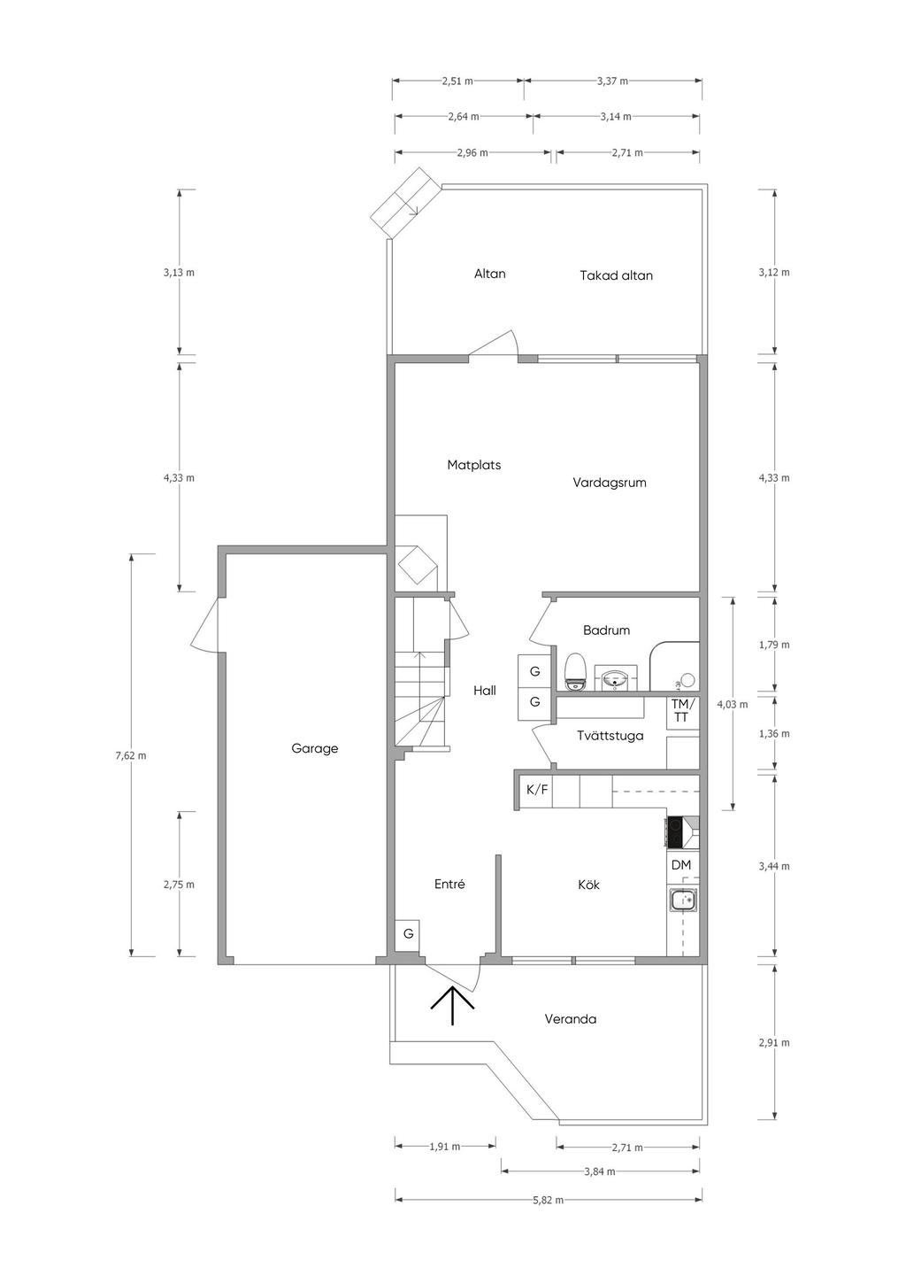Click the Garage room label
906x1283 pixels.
(x=315, y=748)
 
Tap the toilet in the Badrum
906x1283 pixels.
(x=576, y=670)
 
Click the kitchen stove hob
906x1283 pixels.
(x=675, y=831)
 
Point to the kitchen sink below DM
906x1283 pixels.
(x=683, y=901)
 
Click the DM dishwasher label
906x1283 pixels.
(x=681, y=865)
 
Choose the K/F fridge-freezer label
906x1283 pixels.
(x=537, y=790)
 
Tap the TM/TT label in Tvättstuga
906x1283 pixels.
(x=680, y=710)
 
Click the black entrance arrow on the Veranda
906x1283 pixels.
(x=452, y=1005)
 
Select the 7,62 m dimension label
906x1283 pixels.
(x=131, y=755)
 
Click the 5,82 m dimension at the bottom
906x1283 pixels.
(x=548, y=1200)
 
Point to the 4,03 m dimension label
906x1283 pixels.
(x=732, y=705)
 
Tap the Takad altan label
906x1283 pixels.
(x=616, y=275)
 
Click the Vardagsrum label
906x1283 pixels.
(x=610, y=483)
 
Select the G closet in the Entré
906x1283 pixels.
(x=409, y=933)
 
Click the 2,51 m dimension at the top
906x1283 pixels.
(x=457, y=81)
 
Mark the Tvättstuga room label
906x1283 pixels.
(x=610, y=736)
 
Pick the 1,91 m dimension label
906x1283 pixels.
(x=444, y=1147)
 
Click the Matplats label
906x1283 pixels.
(x=474, y=465)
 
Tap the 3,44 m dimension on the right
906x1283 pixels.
(x=774, y=866)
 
